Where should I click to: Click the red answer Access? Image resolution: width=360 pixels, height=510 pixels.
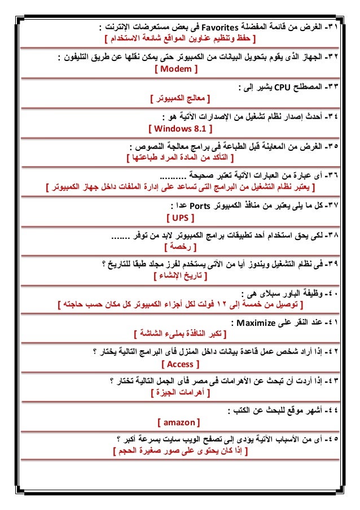click(181, 364)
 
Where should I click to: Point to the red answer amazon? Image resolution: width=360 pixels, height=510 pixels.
click(180, 422)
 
